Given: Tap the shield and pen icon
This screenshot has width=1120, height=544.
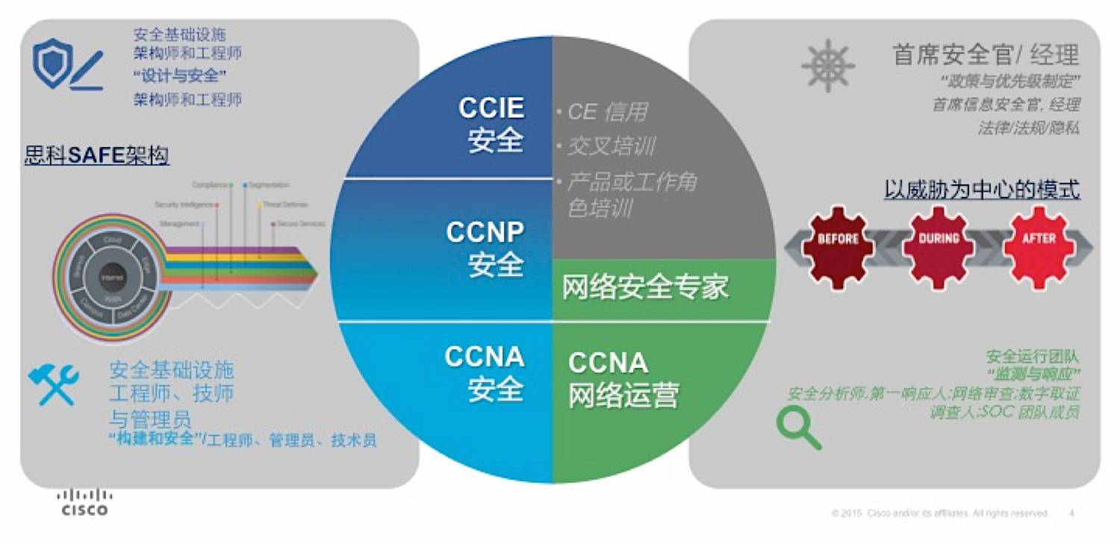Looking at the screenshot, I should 66,66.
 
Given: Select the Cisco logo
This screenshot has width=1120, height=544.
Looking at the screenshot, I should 84,502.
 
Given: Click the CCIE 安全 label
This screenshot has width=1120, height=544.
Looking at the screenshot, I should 491,125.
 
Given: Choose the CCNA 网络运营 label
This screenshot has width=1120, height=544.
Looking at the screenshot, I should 623,379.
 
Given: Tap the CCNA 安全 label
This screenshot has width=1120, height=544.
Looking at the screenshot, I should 485,372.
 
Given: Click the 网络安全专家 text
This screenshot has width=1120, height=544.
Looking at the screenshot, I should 645,287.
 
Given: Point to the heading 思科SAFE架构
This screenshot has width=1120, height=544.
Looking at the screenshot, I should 97,155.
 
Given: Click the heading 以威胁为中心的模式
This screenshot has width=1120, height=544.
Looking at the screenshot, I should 982,189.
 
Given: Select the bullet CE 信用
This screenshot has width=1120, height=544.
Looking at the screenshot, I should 606,112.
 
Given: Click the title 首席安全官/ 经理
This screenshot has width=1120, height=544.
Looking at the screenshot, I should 986,54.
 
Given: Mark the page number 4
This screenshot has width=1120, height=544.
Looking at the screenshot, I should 1071,513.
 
